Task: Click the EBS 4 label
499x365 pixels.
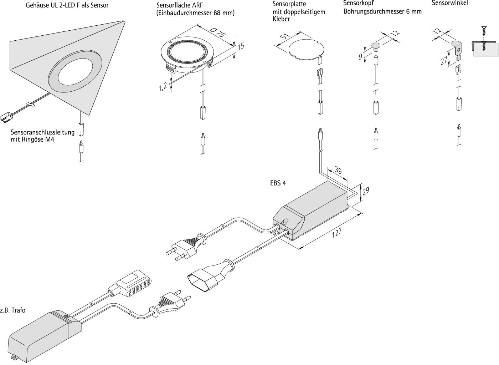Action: (278, 183)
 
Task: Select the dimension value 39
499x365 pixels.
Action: (338, 171)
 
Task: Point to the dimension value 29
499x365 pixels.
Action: (366, 191)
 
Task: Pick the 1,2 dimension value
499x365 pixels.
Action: (163, 86)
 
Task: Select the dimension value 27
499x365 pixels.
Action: (444, 61)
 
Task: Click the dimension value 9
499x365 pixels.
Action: (361, 56)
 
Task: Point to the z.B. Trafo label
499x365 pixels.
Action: (13, 310)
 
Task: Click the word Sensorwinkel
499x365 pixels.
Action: (450, 3)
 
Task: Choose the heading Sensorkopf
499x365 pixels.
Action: (358, 3)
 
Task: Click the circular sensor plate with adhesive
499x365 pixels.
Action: (306, 48)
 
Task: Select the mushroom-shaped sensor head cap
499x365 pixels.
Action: (376, 45)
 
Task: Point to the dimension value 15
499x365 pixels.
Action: (241, 46)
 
